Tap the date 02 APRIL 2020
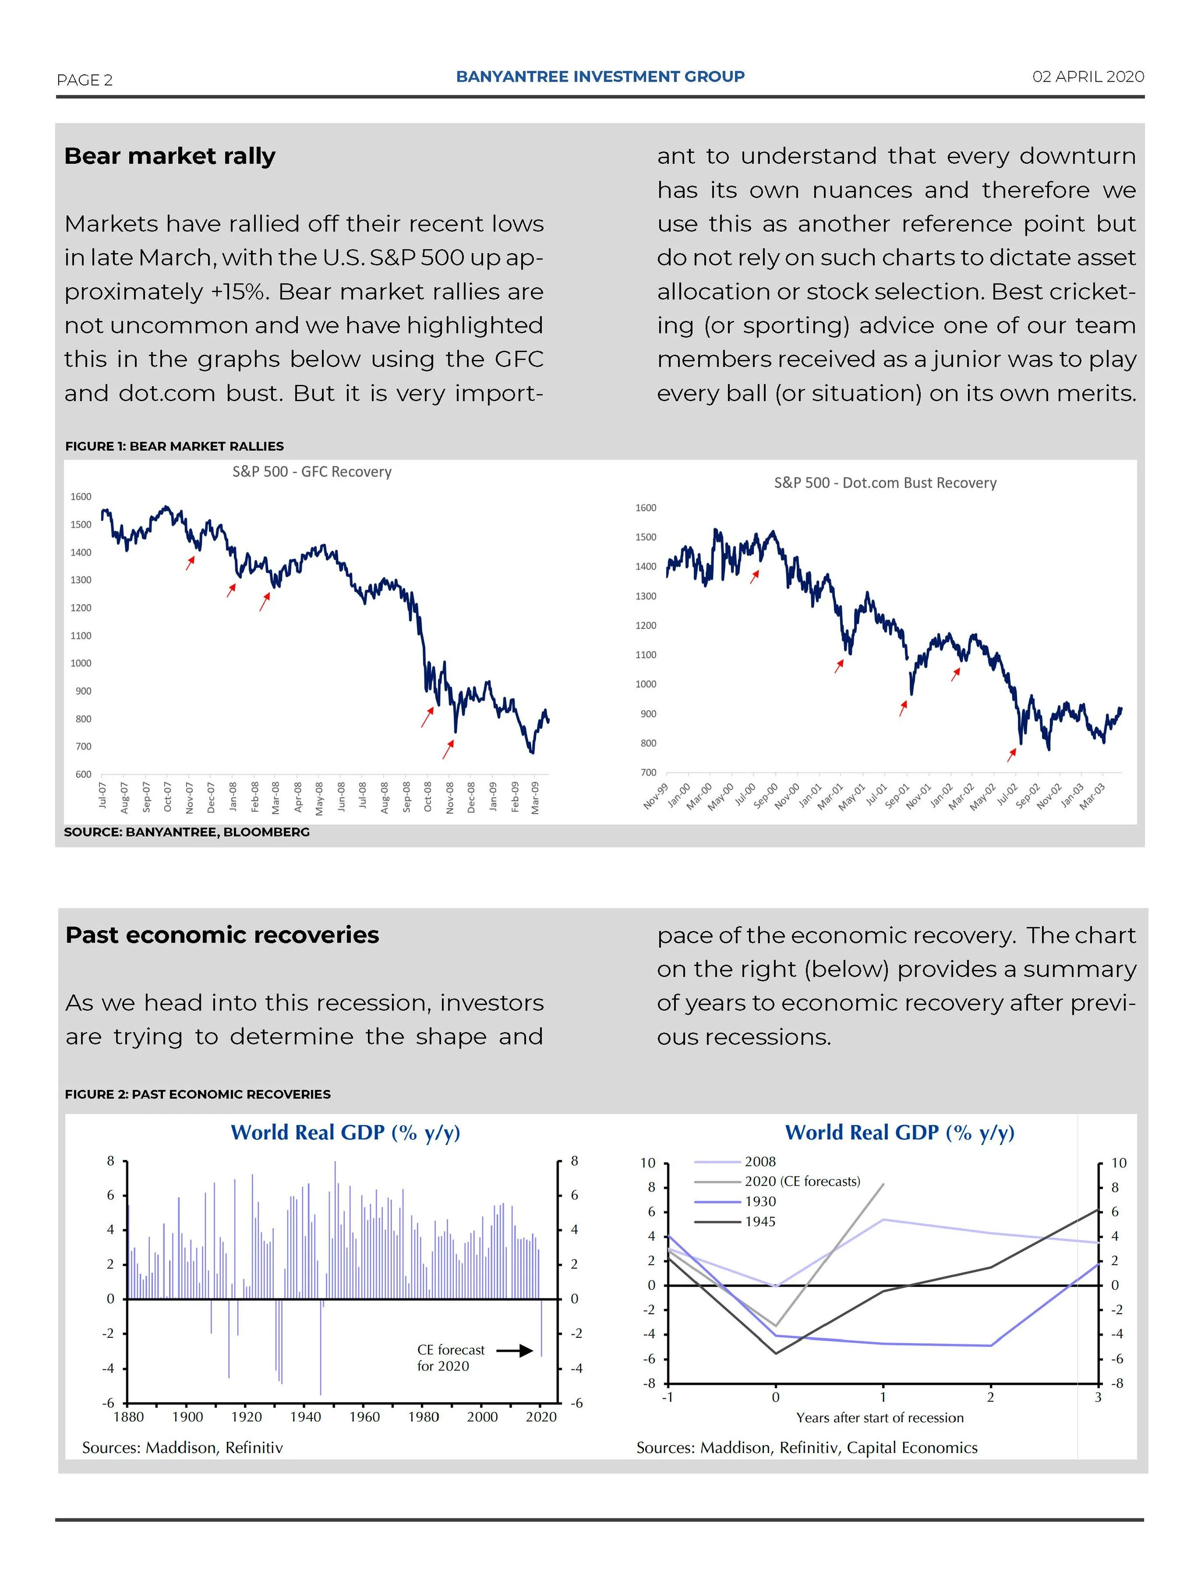[x=1087, y=76]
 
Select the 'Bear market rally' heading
[x=170, y=156]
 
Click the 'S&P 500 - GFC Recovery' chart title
[x=312, y=472]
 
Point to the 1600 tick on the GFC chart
[x=81, y=497]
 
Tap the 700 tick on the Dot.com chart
[x=647, y=773]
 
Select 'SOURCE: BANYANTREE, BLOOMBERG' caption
[x=186, y=832]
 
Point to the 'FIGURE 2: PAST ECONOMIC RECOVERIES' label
[x=197, y=1094]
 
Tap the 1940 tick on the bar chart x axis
[x=305, y=1417]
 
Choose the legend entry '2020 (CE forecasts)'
[x=802, y=1182]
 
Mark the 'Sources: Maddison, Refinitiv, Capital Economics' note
[x=807, y=1447]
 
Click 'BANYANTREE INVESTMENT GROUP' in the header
[x=600, y=76]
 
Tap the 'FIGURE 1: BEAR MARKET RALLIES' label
[x=174, y=446]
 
